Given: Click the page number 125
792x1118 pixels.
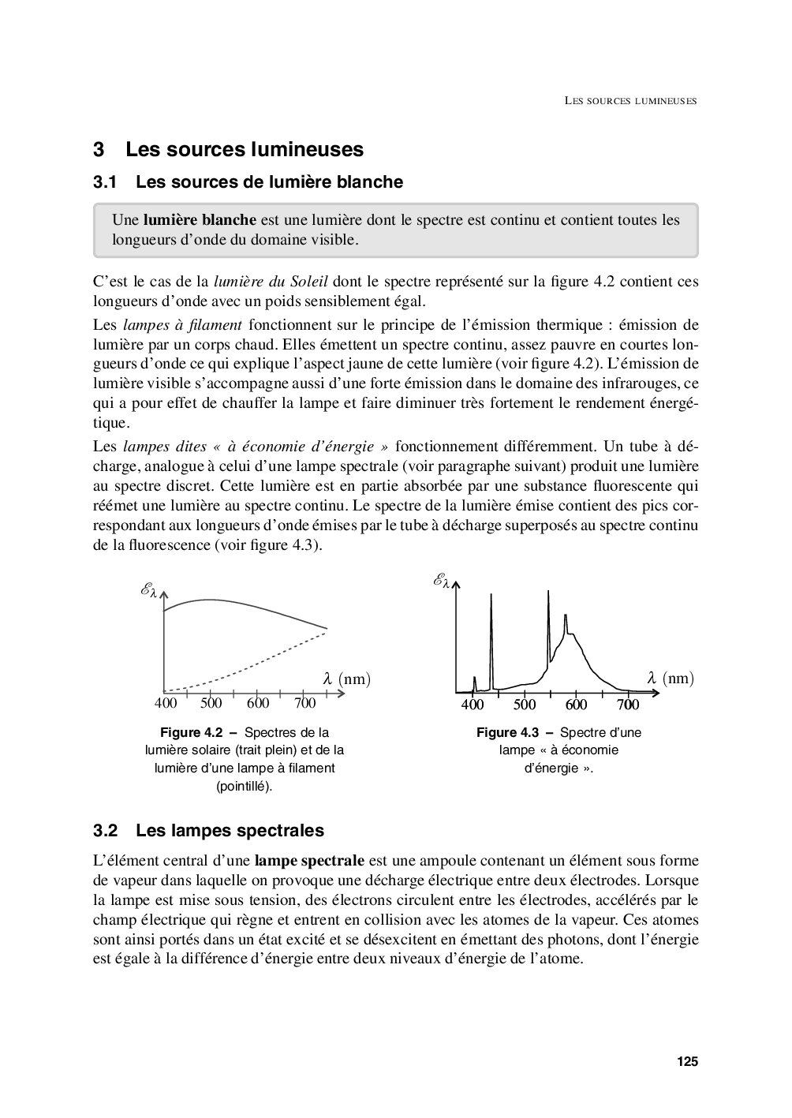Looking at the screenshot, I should [687, 1061].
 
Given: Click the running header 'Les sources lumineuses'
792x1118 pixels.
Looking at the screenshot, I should [630, 101].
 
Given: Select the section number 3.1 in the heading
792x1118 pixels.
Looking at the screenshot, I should [105, 182].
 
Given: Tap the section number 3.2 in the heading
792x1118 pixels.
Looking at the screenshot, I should [105, 831].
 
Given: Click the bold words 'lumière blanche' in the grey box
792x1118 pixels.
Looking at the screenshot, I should [200, 220].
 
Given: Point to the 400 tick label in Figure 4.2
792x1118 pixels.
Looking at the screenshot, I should [166, 703].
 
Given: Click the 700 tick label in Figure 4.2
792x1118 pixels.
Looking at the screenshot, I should [304, 703].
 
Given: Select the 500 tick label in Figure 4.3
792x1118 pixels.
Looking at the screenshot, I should [525, 705].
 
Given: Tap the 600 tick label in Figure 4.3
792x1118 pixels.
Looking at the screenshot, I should [576, 705].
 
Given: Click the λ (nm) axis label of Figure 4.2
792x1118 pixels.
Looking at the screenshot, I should [346, 679].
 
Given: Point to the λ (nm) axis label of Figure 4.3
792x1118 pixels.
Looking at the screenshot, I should [671, 679].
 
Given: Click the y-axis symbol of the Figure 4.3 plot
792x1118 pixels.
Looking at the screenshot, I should [440, 581].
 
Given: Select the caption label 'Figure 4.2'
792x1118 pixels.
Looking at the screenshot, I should [191, 732].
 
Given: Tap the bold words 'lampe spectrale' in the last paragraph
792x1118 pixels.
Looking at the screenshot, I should [309, 861].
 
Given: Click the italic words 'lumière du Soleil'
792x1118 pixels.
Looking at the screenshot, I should [271, 282].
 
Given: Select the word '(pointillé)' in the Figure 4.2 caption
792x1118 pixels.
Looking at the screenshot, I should [245, 786].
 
